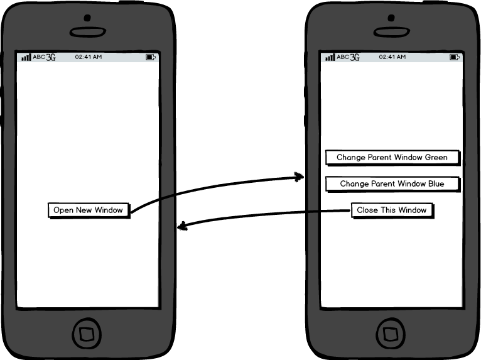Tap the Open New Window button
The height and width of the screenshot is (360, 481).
point(89,210)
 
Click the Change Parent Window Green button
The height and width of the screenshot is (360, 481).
point(392,157)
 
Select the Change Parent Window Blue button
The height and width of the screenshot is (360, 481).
point(392,184)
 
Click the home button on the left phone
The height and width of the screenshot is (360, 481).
point(87,332)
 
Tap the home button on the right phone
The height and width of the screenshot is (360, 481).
point(392,332)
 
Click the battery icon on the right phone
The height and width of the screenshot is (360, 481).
point(455,57)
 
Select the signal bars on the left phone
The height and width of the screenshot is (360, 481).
point(26,57)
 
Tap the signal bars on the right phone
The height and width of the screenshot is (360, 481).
point(330,57)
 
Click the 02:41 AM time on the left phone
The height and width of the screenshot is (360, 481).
point(88,57)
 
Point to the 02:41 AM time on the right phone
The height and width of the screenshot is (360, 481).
point(392,57)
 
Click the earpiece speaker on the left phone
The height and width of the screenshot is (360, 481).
point(87,32)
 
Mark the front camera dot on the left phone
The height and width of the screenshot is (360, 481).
point(87,17)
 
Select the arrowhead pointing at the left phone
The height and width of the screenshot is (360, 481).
point(181,226)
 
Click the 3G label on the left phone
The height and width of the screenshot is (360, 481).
point(51,57)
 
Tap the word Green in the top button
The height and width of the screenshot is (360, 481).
point(436,157)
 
